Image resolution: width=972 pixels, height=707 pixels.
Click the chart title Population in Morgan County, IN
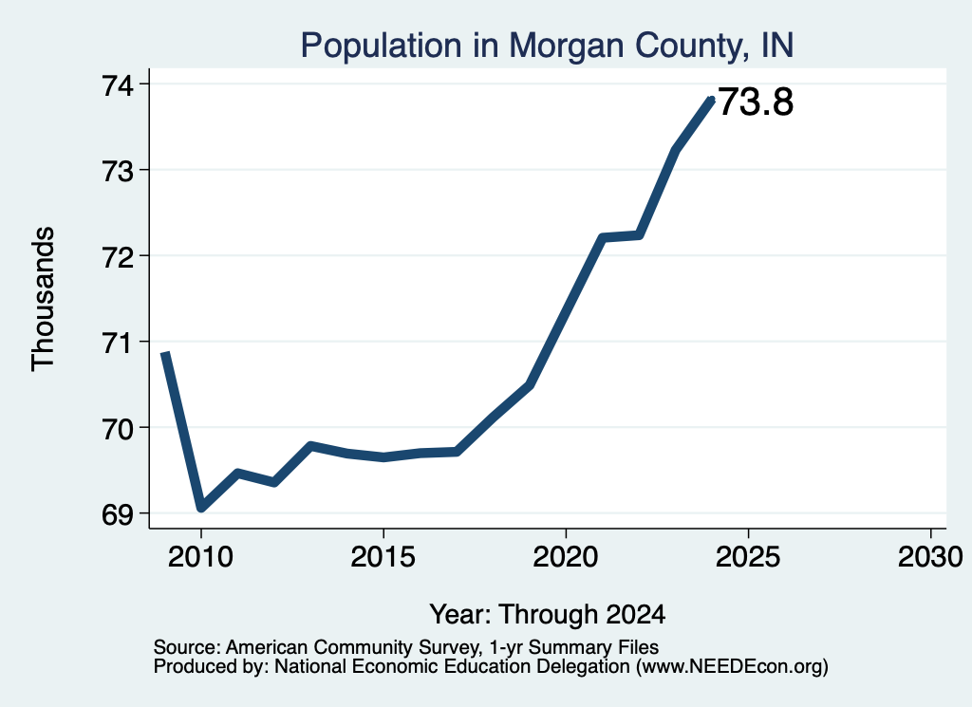click(547, 46)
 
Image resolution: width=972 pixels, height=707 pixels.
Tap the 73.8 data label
click(756, 102)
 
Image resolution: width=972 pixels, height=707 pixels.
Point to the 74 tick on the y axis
click(118, 84)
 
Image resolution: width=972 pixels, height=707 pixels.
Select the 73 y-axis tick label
click(118, 171)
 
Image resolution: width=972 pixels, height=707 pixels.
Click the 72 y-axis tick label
click(118, 256)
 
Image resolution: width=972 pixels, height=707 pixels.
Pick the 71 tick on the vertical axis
click(118, 342)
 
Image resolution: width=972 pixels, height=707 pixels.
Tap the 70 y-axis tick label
click(118, 428)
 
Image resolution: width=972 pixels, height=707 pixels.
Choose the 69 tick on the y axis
click(118, 514)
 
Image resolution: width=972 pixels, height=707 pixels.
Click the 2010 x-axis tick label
click(200, 556)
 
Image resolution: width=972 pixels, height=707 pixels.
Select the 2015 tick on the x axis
click(383, 556)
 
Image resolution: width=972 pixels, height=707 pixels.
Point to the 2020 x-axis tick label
click(566, 556)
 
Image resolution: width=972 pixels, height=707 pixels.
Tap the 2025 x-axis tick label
click(748, 556)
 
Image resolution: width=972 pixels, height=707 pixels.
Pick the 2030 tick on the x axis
click(930, 556)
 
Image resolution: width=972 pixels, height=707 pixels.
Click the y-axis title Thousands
click(44, 299)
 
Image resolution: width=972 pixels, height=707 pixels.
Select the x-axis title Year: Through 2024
click(548, 615)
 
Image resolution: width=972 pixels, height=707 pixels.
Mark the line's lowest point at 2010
click(201, 508)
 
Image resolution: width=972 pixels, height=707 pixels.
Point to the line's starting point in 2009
click(165, 353)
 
